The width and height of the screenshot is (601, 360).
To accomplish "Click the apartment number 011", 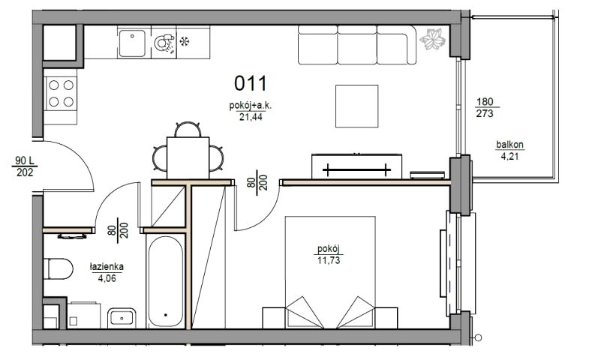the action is (x=251, y=83).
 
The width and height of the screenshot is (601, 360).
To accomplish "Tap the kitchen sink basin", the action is (x=132, y=43).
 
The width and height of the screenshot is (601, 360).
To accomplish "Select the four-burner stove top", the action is (x=61, y=94).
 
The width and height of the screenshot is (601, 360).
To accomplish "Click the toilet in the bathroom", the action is (x=58, y=268).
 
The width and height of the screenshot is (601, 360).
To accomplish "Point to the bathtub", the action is (x=166, y=281).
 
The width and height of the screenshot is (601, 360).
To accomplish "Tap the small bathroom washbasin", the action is (x=122, y=318).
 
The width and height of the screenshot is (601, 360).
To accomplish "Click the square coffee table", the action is (x=357, y=106).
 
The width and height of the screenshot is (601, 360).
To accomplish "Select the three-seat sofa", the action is (x=357, y=45).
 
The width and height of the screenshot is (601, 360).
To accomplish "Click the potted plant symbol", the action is (x=433, y=40).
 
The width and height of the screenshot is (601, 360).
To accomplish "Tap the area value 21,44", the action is (x=251, y=117).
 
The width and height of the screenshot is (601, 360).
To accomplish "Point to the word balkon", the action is (x=509, y=145).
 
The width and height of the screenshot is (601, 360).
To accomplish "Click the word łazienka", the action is (x=107, y=267).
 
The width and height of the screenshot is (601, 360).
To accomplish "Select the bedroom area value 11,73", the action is (x=329, y=261).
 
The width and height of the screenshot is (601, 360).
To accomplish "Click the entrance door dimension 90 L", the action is (x=25, y=160).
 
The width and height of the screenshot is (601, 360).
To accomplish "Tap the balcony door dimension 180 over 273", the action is (x=485, y=107).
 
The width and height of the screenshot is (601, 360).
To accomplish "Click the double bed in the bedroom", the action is (x=330, y=272).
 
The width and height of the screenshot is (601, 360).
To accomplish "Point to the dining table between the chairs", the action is (x=188, y=157).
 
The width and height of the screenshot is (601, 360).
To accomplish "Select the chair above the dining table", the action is (x=188, y=129).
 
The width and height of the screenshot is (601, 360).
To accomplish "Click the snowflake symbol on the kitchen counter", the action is (x=185, y=41).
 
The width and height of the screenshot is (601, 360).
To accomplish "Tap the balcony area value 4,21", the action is (x=509, y=156).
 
